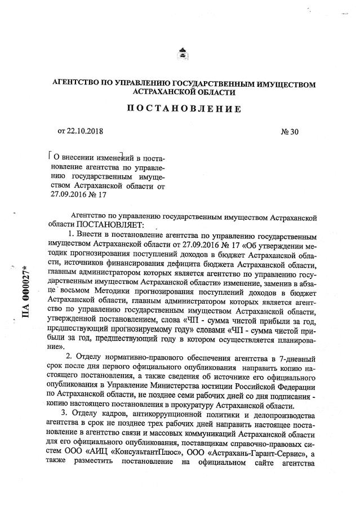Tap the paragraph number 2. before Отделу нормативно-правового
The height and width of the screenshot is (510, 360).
70,358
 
